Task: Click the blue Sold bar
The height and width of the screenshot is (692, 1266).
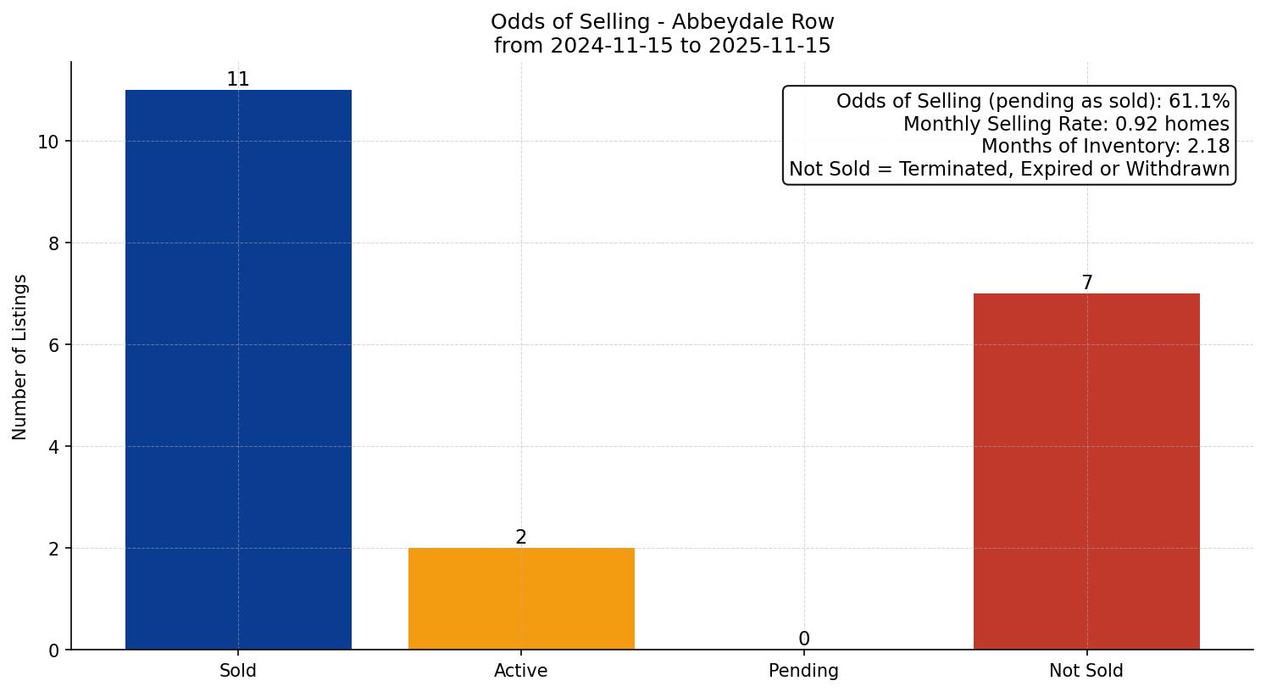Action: [238, 370]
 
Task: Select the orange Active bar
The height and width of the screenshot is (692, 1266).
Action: [521, 599]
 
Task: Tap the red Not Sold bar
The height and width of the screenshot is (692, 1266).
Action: [1086, 472]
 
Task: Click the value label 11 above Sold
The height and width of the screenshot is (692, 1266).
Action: [238, 80]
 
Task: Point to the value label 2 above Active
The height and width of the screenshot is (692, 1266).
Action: [521, 538]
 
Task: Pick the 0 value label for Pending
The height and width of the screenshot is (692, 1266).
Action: [804, 639]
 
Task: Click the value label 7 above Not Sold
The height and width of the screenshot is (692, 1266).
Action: [1087, 283]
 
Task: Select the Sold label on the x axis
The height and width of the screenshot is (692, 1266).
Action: [238, 671]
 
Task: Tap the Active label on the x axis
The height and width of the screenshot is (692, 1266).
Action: [521, 671]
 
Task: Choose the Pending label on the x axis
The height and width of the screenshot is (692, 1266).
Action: [803, 671]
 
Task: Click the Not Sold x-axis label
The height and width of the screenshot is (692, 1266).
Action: [1086, 671]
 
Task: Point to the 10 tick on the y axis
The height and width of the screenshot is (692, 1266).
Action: [48, 142]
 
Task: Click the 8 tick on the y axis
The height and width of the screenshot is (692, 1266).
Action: [54, 243]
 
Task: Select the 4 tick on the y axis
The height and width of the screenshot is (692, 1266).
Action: [54, 447]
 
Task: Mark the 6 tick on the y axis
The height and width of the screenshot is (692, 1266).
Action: [54, 345]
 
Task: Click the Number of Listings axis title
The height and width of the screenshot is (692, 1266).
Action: [19, 357]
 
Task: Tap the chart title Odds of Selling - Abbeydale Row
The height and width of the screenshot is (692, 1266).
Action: [662, 22]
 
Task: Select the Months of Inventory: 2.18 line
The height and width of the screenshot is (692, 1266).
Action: [1105, 147]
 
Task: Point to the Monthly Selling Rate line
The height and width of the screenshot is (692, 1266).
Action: [1066, 125]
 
